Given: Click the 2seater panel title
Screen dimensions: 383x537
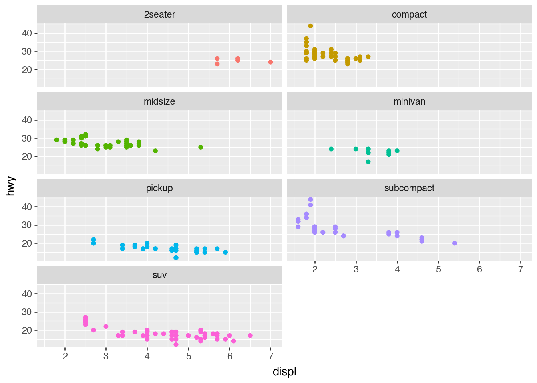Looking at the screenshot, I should pyautogui.click(x=159, y=14).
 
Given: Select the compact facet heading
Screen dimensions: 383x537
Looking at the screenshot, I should pyautogui.click(x=409, y=14).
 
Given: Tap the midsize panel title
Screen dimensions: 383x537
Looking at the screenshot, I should pyautogui.click(x=159, y=101).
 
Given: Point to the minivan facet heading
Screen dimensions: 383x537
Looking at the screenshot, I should pyautogui.click(x=409, y=101).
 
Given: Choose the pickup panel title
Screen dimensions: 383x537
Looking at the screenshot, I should pyautogui.click(x=159, y=188).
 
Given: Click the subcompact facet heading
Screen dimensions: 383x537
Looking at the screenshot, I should pyautogui.click(x=409, y=188).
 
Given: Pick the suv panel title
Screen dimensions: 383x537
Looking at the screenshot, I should pyautogui.click(x=159, y=275).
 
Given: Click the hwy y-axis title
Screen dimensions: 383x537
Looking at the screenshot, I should pyautogui.click(x=11, y=186).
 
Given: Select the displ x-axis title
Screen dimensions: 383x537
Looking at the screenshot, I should pyautogui.click(x=284, y=372).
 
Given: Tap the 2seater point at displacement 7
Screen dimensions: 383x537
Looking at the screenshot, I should pyautogui.click(x=270, y=62).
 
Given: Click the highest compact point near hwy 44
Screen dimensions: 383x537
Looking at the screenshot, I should pyautogui.click(x=310, y=26).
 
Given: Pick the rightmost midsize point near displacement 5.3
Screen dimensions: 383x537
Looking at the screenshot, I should pyautogui.click(x=201, y=147).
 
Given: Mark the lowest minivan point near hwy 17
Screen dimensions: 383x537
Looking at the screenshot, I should pyautogui.click(x=368, y=162).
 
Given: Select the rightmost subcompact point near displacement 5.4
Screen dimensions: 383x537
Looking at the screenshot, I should pyautogui.click(x=454, y=243).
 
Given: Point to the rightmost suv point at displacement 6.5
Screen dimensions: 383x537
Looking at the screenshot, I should pyautogui.click(x=250, y=336).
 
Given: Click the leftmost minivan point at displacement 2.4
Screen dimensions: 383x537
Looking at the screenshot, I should pyautogui.click(x=331, y=149).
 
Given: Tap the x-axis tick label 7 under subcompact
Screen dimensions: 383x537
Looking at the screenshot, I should pyautogui.click(x=521, y=269).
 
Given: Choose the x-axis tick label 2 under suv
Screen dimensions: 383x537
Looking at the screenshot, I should pyautogui.click(x=65, y=356).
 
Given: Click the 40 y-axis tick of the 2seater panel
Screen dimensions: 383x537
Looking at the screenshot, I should pyautogui.click(x=27, y=33).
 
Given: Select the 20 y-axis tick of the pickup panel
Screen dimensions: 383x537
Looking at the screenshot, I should pyautogui.click(x=27, y=243).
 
